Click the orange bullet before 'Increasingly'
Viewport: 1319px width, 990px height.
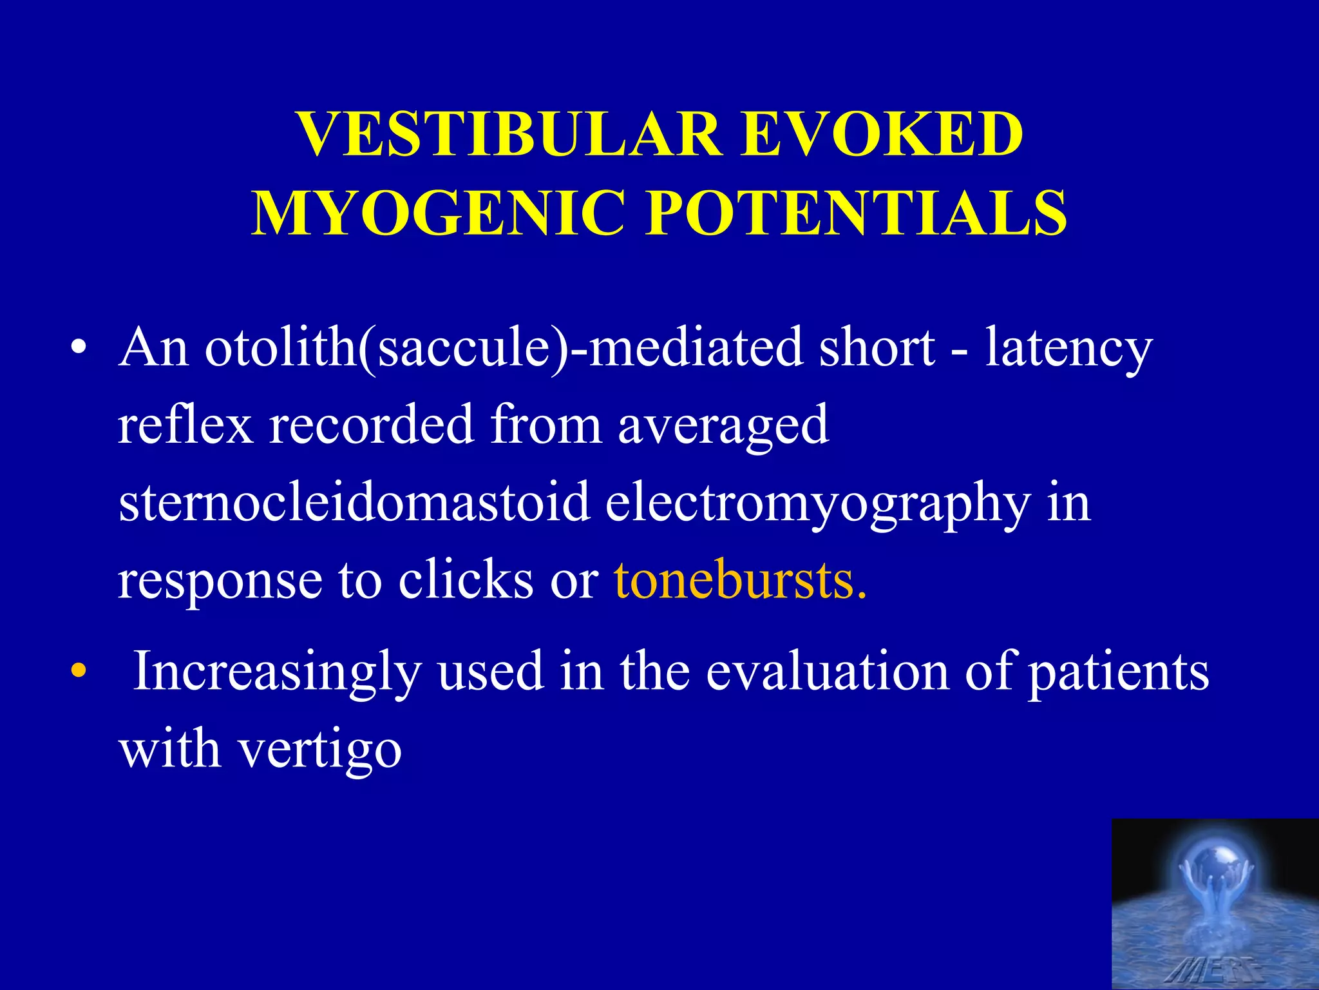[79, 671]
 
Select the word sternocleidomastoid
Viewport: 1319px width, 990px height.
[354, 503]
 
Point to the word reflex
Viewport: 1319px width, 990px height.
[185, 425]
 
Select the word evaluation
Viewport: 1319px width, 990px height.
[828, 672]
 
